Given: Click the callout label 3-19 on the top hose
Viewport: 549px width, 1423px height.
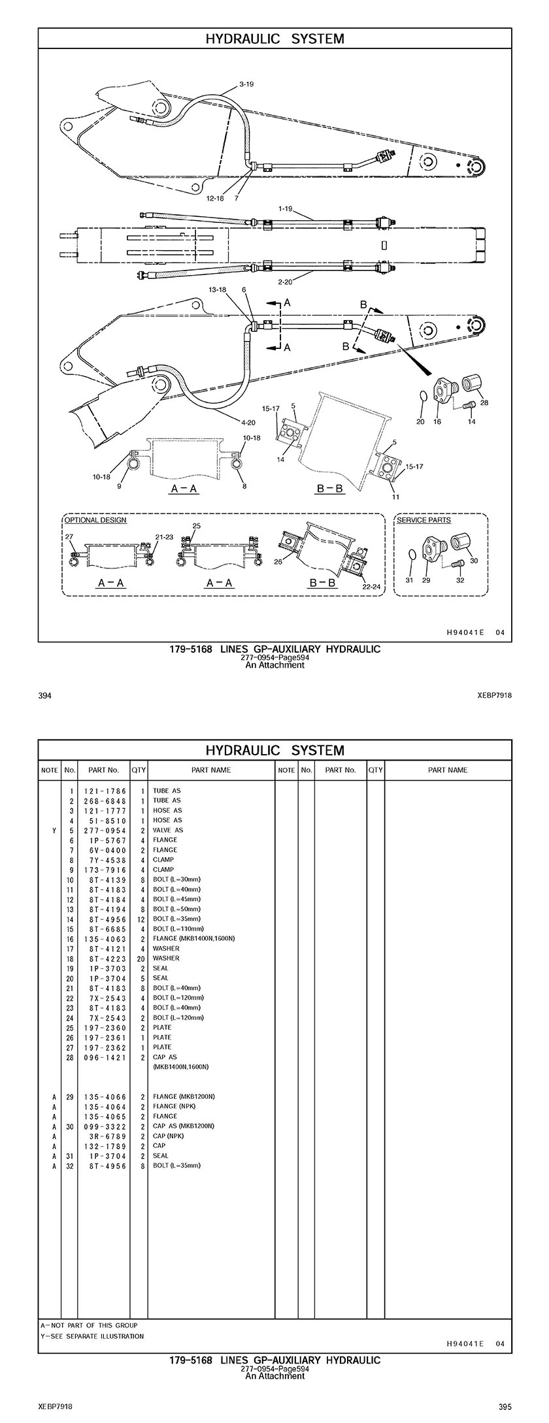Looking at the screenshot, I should pos(246,84).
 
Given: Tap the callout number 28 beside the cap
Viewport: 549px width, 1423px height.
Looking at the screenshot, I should pos(484,402).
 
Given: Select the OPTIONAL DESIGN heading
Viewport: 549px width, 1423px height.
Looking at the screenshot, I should pos(95,520).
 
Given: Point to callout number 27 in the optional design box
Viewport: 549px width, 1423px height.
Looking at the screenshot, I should pos(69,536).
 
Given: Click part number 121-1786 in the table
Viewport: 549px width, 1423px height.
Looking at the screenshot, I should pos(105,791).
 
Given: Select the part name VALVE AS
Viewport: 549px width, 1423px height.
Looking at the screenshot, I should pos(168,830).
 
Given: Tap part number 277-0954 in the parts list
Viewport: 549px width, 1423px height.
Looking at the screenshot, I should pos(105,830).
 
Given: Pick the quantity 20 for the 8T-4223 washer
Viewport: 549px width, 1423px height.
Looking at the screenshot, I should pos(141,958).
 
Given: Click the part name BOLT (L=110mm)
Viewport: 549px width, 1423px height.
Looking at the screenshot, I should pos(178,928).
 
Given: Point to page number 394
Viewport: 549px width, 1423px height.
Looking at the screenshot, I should pos(45,696).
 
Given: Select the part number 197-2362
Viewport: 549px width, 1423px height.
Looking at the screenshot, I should pos(105,1047).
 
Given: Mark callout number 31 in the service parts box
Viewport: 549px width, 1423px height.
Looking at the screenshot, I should pos(409,580).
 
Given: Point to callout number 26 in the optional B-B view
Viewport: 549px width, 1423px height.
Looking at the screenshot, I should pos(278,561).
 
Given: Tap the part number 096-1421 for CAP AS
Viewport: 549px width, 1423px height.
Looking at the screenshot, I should pos(105,1056).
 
